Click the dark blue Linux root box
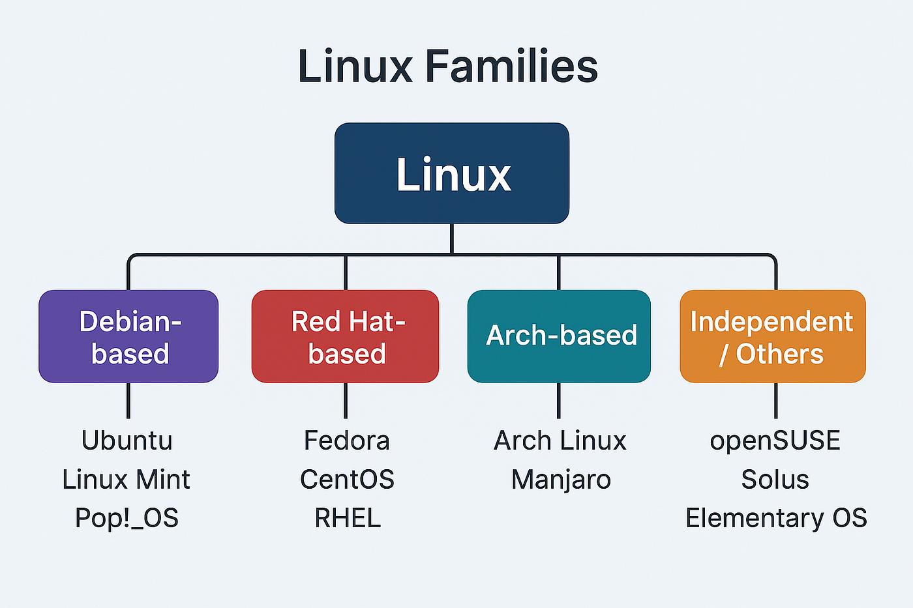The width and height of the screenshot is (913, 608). pos(451,173)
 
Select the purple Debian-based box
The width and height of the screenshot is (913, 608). pos(128,336)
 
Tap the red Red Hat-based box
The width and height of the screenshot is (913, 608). pos(345,336)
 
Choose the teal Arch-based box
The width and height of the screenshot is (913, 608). pos(559,336)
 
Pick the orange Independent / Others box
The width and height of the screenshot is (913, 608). pos(773,336)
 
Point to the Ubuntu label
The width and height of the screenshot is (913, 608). pos(127,441)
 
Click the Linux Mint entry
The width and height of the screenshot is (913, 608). pos(127,480)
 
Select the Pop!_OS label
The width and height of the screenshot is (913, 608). pos(127,518)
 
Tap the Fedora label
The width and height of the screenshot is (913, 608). pos(347,441)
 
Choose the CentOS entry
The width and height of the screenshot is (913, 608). pos(347,480)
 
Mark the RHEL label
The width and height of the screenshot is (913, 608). pos(348,518)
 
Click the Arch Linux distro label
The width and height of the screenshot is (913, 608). pos(560,441)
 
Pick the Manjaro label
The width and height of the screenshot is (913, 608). pos(561,480)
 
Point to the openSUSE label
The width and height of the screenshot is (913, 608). pos(775,441)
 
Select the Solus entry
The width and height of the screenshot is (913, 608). pos(775,480)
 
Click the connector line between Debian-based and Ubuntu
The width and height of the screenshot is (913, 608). pos(128,401)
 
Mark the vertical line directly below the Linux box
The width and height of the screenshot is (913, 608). pos(451,239)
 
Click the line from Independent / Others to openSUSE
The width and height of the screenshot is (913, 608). pos(775,401)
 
